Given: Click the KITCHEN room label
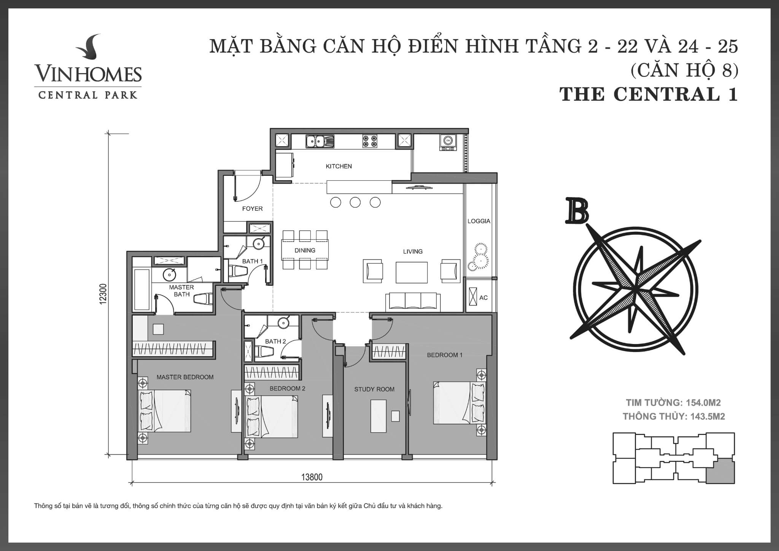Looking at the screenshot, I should click(339, 166).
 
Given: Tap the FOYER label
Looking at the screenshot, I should click(252, 209).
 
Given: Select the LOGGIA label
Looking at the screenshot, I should click(479, 221).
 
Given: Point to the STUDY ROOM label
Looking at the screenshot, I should click(374, 389).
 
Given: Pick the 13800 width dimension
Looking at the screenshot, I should click(312, 477).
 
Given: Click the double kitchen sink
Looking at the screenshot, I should click(320, 141).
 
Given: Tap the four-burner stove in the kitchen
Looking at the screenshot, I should click(369, 141).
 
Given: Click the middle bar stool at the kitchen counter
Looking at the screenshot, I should click(355, 202).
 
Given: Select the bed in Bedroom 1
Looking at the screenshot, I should click(459, 403).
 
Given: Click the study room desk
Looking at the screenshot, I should click(378, 416).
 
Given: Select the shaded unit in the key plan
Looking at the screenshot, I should click(720, 471).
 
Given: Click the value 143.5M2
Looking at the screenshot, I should click(707, 416).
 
